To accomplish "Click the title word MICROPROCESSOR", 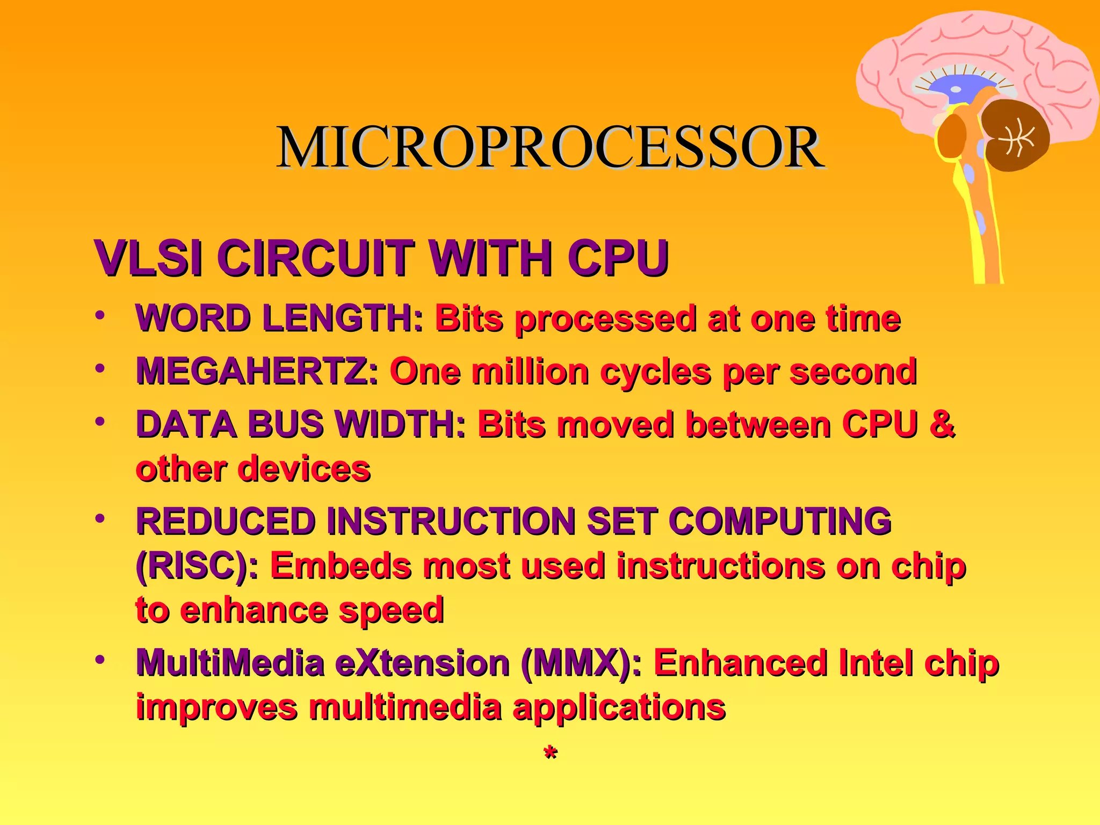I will point(550,148).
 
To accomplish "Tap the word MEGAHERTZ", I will point(257,371).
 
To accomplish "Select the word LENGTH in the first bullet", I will point(343,318).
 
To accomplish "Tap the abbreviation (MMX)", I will point(581,663).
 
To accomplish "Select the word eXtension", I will point(422,663).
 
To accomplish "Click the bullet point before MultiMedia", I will point(99,660).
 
